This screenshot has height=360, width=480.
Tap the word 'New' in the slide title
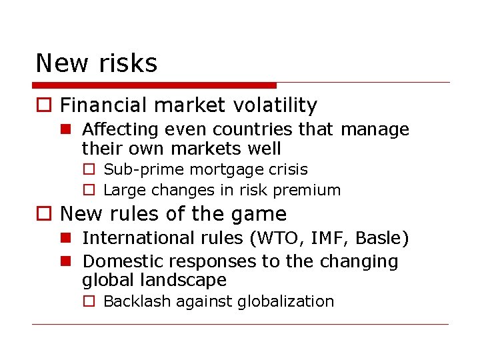click(61, 63)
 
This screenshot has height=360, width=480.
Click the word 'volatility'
click(275, 105)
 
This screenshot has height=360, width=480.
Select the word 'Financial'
click(103, 105)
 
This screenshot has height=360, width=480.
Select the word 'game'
click(262, 214)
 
